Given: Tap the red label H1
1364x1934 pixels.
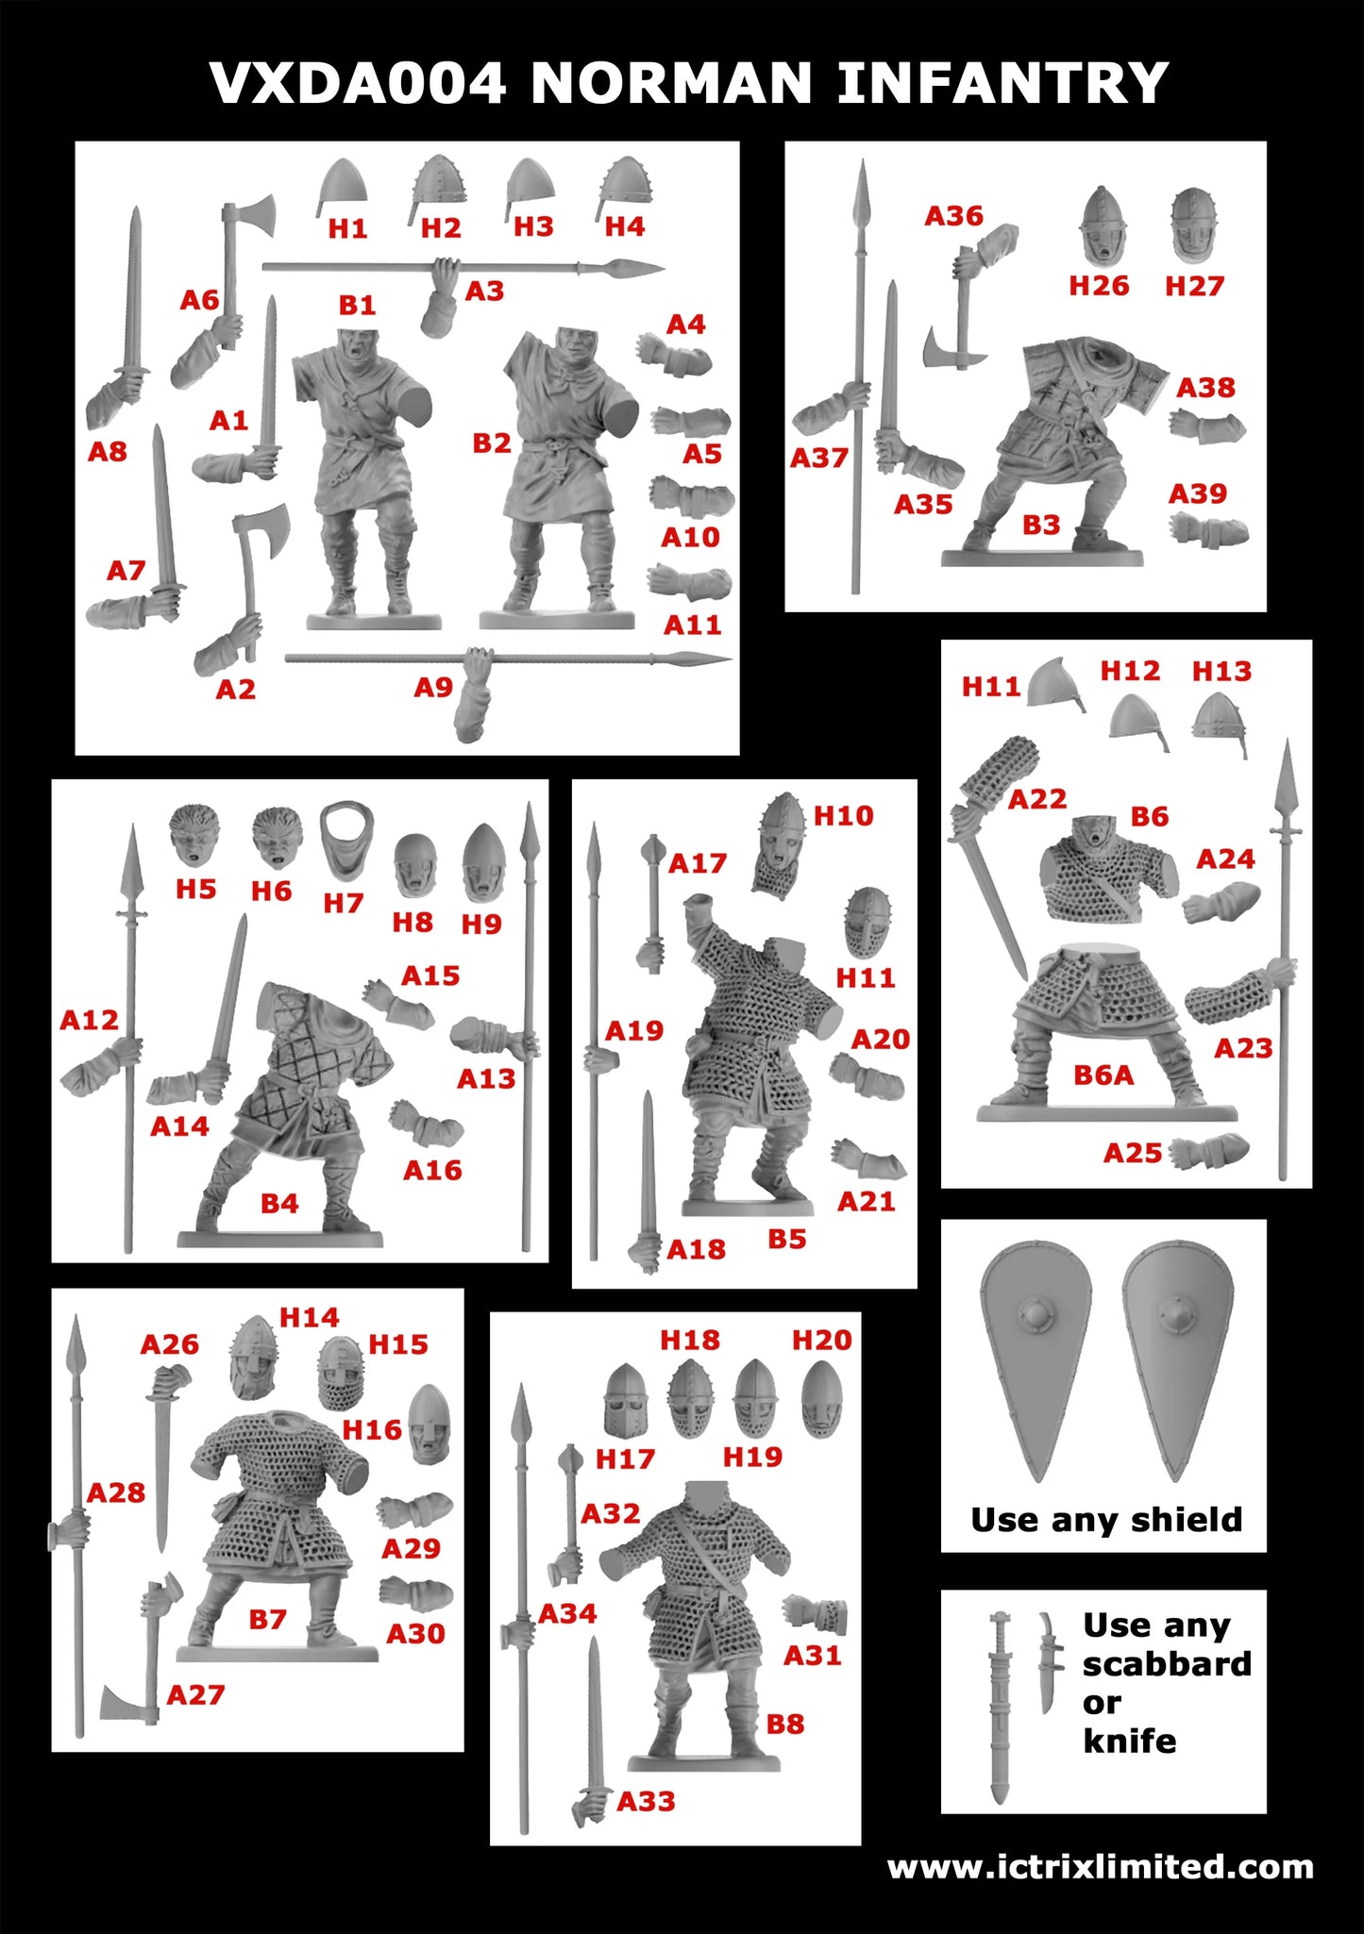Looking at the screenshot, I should [347, 228].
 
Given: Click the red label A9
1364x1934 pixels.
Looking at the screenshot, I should [433, 688].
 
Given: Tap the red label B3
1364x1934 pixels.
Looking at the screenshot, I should [1041, 525].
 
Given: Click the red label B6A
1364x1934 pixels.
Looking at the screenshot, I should [1103, 1075].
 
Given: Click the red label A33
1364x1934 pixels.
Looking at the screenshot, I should [647, 1801].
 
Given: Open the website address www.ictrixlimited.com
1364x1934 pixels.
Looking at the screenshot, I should [1100, 1866].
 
